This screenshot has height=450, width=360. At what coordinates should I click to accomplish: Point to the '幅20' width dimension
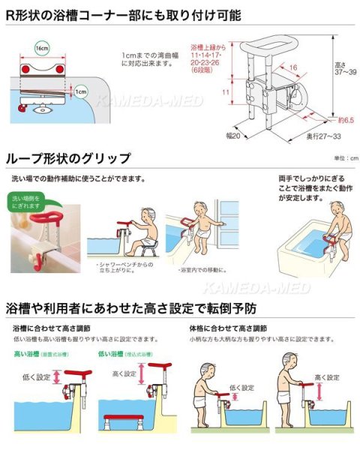tap(233, 138)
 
